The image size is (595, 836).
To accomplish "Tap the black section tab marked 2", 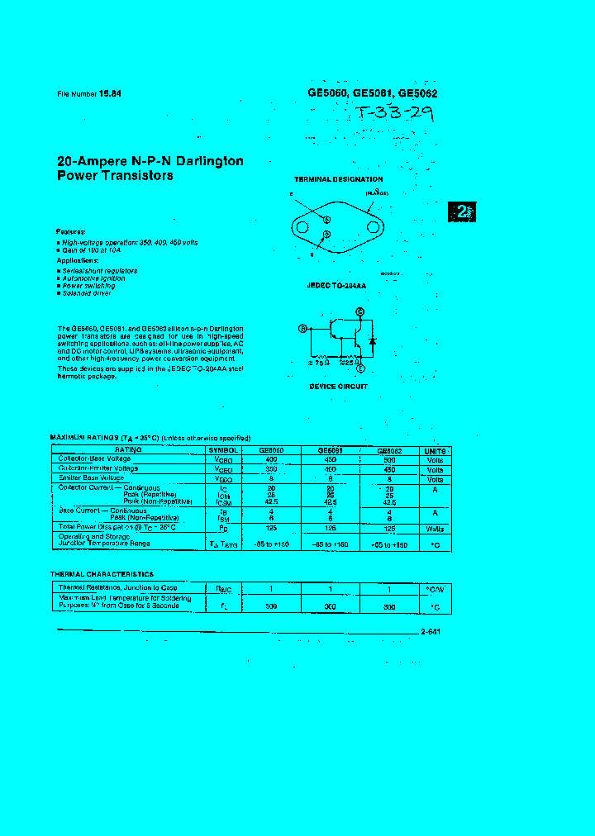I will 463,211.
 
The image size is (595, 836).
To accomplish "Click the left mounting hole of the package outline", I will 303,226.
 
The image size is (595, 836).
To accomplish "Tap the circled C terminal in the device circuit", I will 359,311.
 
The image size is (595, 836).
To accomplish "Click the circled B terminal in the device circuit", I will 302,328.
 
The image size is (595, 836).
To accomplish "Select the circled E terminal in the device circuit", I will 360,368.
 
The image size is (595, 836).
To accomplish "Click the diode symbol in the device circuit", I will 373,340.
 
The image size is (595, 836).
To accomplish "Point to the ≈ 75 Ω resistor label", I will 319,362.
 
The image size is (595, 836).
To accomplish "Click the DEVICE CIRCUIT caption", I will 338,387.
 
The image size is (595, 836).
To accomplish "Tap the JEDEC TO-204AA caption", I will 336,286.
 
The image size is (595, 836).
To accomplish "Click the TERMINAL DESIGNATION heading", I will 338,179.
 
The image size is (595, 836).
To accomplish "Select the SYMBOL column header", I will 225,450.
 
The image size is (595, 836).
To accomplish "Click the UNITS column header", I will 436,451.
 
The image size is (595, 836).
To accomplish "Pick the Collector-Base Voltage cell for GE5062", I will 390,459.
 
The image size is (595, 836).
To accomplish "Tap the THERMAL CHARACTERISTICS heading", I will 102,573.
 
